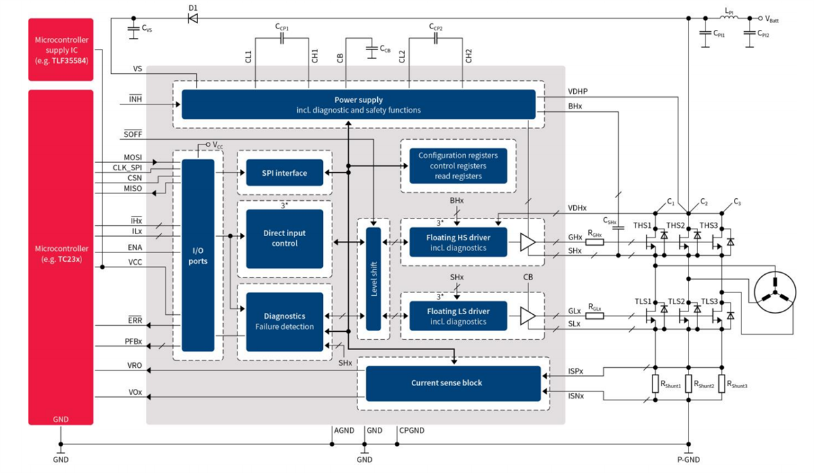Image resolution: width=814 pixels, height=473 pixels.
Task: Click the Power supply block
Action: tap(358, 104)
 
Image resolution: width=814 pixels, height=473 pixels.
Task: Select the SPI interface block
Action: tap(285, 173)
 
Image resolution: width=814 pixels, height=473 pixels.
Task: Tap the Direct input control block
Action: tap(285, 238)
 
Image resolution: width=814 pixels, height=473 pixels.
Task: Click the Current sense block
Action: tap(453, 383)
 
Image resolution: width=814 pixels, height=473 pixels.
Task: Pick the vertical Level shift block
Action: tap(374, 278)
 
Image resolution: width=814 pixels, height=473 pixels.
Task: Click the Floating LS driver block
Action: tap(458, 316)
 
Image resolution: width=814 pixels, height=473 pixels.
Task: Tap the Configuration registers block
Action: tap(458, 166)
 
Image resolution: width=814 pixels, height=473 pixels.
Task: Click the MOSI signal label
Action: tap(133, 157)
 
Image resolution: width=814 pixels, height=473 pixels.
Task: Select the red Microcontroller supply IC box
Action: tap(60, 50)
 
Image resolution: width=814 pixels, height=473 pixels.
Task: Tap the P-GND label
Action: tap(688, 460)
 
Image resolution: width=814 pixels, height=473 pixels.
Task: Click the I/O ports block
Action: tap(198, 255)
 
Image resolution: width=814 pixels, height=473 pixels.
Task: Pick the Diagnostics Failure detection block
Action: tap(285, 322)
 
